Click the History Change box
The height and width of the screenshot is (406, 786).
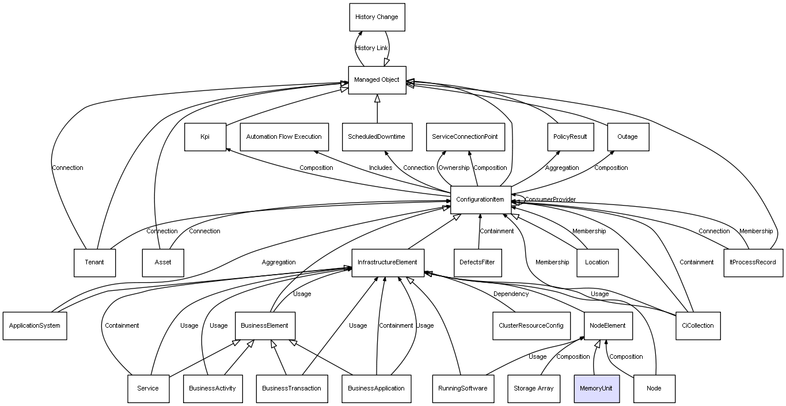pos(377,17)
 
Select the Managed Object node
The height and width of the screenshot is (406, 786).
pos(377,80)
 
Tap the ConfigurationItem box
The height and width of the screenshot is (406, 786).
pos(480,200)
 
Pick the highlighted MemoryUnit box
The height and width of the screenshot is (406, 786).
pos(597,388)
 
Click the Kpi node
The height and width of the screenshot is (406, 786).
pos(205,137)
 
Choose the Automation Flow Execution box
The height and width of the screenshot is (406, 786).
pos(284,137)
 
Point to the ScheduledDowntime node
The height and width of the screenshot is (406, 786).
pos(377,137)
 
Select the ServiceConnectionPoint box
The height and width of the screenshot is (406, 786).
pos(465,137)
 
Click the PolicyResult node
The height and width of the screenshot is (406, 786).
pos(570,137)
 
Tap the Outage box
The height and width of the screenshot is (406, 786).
pos(628,137)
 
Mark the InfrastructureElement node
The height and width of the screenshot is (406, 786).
pos(388,263)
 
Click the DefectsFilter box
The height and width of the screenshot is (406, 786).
pos(477,263)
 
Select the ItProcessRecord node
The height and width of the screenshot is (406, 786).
pos(753,263)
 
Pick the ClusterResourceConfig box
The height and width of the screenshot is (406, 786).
pos(530,326)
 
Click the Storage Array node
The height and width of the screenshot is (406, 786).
pos(534,388)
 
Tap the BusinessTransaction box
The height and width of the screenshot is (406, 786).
pos(291,388)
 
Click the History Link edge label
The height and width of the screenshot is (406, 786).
pos(371,48)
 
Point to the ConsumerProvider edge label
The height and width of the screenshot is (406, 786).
pos(550,200)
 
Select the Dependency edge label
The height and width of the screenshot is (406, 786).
pos(511,294)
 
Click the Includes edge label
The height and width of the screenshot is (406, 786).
pos(381,168)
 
